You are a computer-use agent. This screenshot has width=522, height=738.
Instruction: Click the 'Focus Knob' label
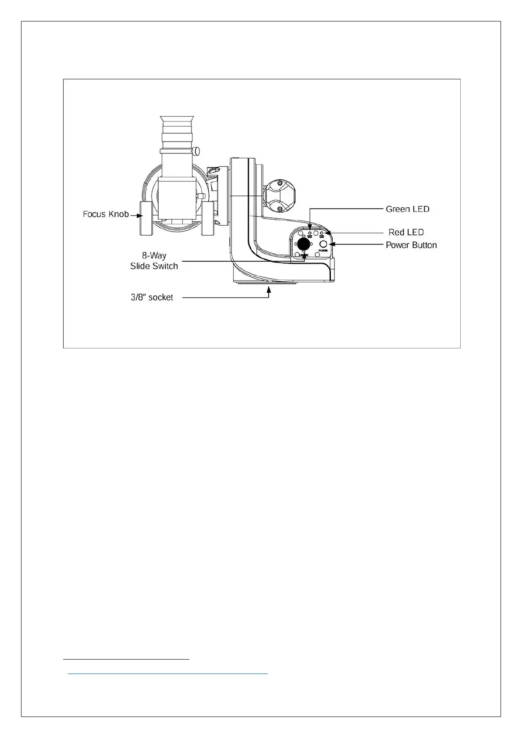click(106, 214)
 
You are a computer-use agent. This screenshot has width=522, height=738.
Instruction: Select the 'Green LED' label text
click(407, 209)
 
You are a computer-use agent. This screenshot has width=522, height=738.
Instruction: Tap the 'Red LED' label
click(406, 232)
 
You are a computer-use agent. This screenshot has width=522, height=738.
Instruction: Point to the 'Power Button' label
click(411, 245)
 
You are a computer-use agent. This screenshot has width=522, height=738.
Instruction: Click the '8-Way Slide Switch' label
click(154, 261)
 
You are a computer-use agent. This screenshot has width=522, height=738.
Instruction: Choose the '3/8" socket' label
click(152, 298)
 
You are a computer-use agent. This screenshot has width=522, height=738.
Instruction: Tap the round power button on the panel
click(323, 244)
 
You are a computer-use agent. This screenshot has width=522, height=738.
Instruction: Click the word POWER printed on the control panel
click(323, 251)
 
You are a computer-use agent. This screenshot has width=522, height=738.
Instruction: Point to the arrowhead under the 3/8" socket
click(269, 288)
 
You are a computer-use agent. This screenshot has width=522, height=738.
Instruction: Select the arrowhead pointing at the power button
click(331, 244)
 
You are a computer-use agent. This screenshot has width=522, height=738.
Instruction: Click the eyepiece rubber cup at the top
click(178, 121)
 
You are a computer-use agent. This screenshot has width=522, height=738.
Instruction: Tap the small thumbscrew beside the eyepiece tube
click(197, 152)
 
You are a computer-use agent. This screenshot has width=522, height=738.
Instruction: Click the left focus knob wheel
click(146, 218)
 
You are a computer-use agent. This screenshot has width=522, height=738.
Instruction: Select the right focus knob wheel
click(207, 218)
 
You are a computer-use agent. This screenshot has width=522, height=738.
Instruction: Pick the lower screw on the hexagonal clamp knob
click(280, 209)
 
